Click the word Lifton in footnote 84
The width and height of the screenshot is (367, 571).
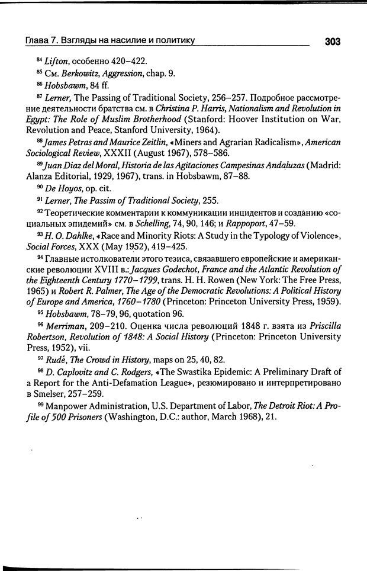pos(56,61)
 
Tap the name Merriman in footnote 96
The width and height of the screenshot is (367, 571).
pos(64,326)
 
